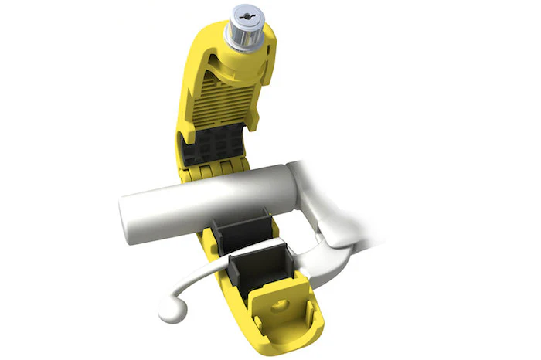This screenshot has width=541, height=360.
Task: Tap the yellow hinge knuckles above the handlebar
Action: coord(209,172)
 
